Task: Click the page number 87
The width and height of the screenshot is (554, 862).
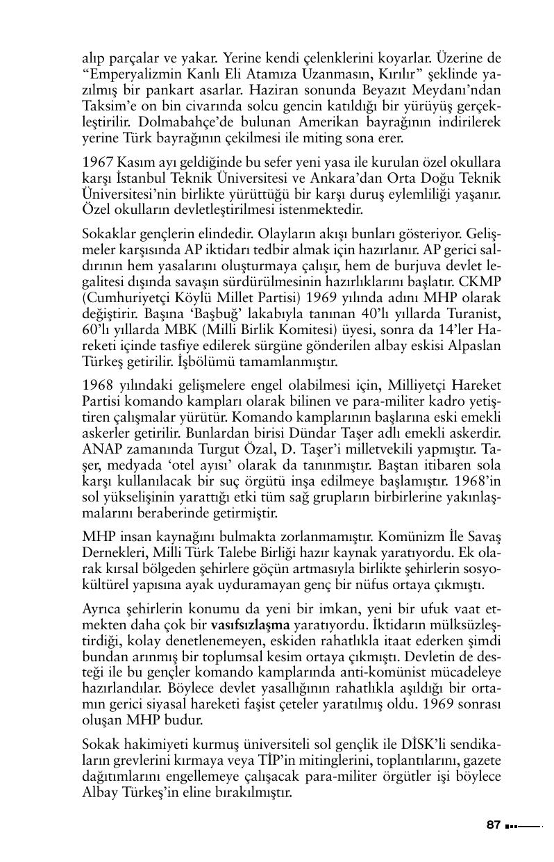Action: point(494,825)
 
